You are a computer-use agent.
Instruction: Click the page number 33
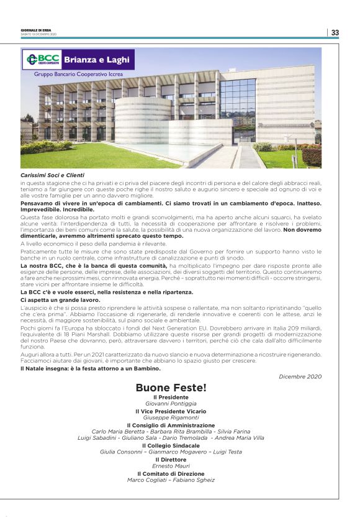pyautogui.click(x=335, y=32)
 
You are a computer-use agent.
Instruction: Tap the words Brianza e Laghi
pyautogui.click(x=101, y=60)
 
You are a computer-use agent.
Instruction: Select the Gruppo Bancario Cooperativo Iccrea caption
pyautogui.click(x=78, y=74)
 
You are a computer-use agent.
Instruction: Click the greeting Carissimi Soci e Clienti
pyautogui.click(x=52, y=175)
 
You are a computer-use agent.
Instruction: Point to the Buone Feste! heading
pyautogui.click(x=171, y=388)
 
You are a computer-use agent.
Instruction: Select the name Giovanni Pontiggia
pyautogui.click(x=170, y=404)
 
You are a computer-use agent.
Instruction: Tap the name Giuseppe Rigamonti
pyautogui.click(x=171, y=417)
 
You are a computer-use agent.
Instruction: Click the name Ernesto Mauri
pyautogui.click(x=171, y=466)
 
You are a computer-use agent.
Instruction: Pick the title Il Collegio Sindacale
pyautogui.click(x=171, y=445)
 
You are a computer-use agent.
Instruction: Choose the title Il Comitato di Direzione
pyautogui.click(x=171, y=473)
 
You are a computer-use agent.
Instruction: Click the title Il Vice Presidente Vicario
pyautogui.click(x=171, y=411)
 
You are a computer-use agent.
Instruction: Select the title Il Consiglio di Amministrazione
pyautogui.click(x=171, y=425)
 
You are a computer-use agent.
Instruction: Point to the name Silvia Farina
pyautogui.click(x=233, y=431)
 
